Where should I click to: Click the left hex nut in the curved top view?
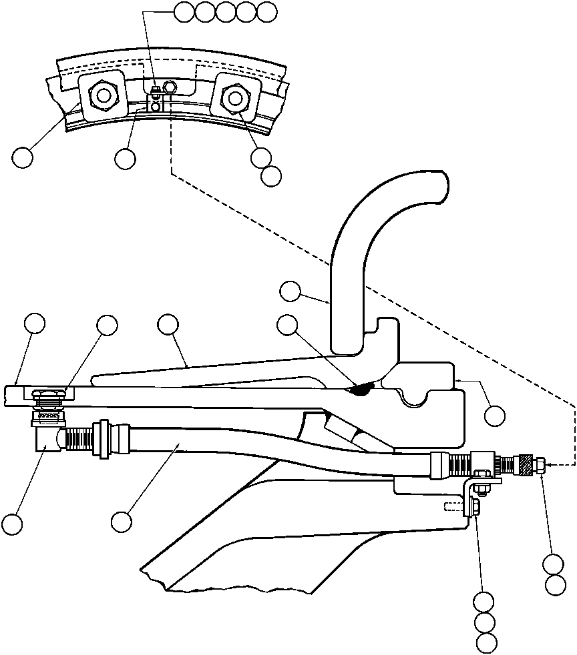point(102,96)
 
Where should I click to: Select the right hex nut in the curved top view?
point(234,98)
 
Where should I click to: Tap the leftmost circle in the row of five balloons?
point(184,11)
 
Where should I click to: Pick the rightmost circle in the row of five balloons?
point(267,11)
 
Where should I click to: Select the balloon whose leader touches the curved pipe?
point(289,291)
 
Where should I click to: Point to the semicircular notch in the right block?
point(413,400)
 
